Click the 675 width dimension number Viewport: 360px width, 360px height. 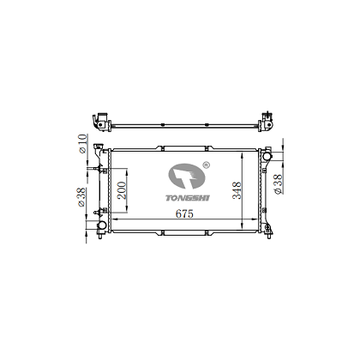pos(179,213)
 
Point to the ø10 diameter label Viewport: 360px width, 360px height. pos(81,145)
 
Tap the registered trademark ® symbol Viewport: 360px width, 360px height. pos(205,159)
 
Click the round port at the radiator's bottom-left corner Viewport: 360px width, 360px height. pos(101,225)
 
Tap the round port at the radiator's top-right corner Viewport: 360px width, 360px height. pos(267,156)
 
